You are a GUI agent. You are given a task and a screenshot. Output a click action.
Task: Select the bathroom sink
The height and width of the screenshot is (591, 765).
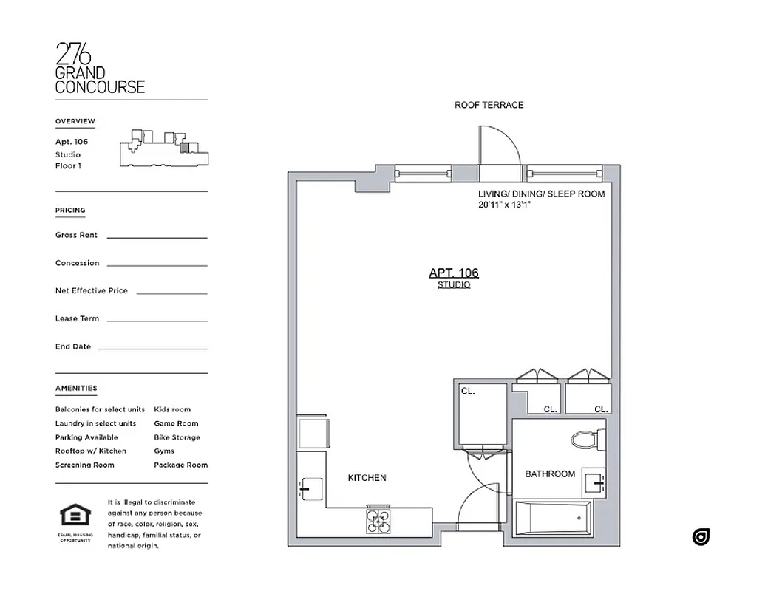coord(594,482)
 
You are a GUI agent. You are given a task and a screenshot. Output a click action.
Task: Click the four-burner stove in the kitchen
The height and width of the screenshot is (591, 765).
coord(378,522)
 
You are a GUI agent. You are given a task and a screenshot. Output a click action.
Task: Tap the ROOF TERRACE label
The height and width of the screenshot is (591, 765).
coord(489,106)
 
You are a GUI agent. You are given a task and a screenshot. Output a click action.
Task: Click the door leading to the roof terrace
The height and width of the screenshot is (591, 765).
coord(500,151)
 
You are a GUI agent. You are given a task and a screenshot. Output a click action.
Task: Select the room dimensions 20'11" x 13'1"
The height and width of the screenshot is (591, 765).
coord(505,205)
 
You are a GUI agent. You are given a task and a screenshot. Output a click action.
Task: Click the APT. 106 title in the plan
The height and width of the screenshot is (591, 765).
coord(453,273)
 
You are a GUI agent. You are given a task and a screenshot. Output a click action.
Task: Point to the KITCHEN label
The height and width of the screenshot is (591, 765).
coord(367,478)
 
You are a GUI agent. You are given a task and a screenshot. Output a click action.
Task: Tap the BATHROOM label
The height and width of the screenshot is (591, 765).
coord(550,474)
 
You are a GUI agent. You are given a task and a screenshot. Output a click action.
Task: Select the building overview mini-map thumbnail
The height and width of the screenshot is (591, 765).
coord(164,150)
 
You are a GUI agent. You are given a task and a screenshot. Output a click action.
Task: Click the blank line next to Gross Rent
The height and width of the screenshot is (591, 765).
coord(157,237)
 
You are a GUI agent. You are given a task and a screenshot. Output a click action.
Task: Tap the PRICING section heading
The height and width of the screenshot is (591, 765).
coord(70,211)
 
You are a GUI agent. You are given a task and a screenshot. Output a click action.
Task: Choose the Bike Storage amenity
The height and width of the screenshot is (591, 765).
coord(177,437)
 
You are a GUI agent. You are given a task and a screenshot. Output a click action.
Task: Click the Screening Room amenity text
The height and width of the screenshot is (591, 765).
coord(84,465)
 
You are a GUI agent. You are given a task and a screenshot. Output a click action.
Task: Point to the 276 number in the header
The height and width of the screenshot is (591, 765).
coord(74,55)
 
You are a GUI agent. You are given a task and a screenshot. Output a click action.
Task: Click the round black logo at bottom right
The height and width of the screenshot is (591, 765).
coord(701,537)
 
